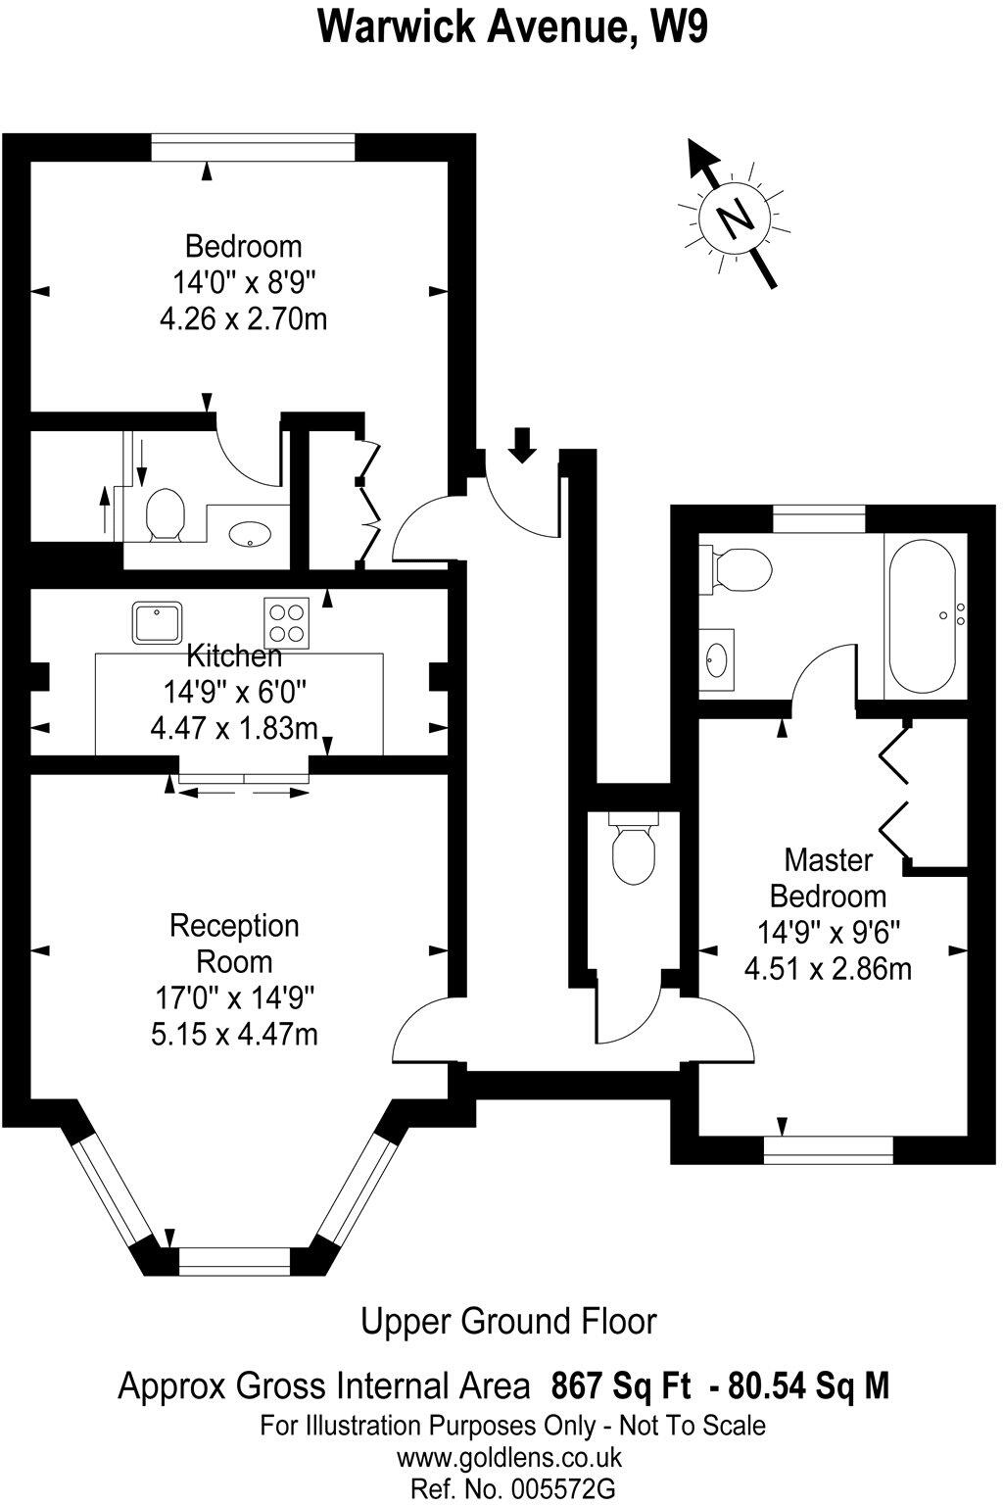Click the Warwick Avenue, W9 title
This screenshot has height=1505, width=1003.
coord(512,26)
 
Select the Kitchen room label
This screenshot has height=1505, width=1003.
coord(234,655)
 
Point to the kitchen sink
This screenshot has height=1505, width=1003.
coord(158,622)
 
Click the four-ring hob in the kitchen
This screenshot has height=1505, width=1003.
coord(286,622)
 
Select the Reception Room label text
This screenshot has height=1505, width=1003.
coord(235,943)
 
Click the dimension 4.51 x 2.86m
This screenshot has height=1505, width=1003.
coord(828,969)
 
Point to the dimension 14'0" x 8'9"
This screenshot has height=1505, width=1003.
coord(244,283)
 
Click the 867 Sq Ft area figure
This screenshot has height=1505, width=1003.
coord(622,1386)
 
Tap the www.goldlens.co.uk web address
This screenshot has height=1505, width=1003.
coord(509,1457)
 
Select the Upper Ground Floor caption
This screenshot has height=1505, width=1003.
coord(508,1321)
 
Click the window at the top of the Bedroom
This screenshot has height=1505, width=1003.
coord(253,147)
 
